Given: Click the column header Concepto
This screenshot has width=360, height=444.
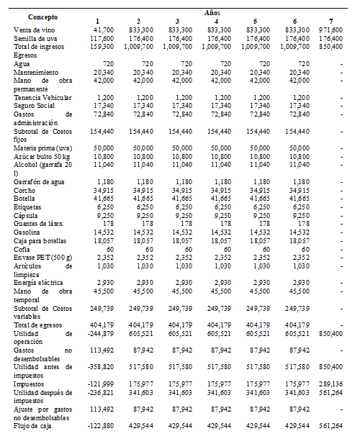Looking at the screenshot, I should [34, 16].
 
